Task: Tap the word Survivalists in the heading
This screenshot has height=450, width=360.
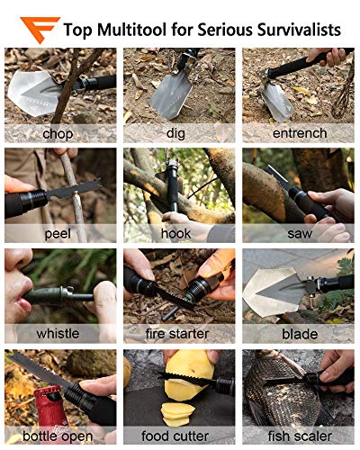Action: click(x=298, y=30)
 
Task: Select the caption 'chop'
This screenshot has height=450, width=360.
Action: click(x=58, y=133)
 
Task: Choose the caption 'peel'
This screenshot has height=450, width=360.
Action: click(x=58, y=233)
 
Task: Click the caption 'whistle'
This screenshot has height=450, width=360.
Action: click(x=58, y=334)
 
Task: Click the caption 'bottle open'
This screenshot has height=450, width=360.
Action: click(x=58, y=435)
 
